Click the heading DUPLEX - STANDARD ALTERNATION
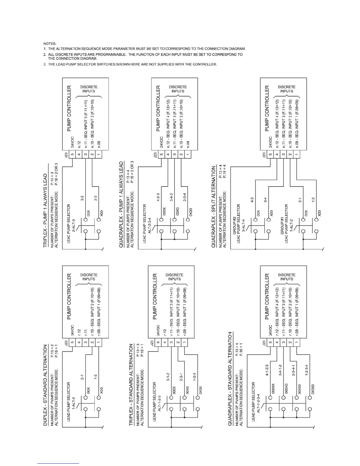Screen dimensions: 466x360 45,385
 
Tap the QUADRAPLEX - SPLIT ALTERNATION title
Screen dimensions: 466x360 214,207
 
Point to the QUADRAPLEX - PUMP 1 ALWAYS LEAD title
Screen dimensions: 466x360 121,204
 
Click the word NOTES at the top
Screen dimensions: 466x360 50,44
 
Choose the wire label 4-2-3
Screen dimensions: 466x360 158,197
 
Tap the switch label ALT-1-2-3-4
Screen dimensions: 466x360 259,398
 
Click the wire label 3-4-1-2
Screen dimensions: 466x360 280,370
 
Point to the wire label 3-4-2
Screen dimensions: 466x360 171,197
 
